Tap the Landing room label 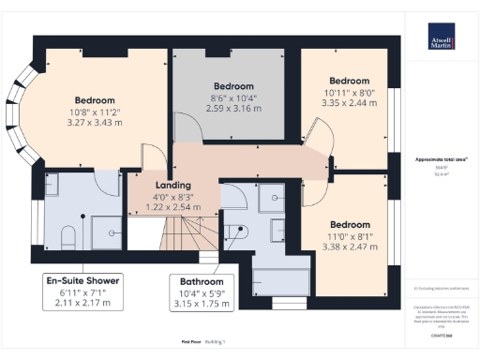pyautogui.click(x=147, y=186)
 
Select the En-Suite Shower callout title pyautogui.click(x=82, y=279)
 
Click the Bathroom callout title pyautogui.click(x=202, y=281)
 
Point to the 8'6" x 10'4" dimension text pyautogui.click(x=229, y=97)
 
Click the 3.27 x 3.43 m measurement pyautogui.click(x=95, y=124)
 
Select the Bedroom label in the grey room pyautogui.click(x=229, y=85)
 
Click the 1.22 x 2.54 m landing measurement pyautogui.click(x=147, y=208)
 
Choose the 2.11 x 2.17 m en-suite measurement pyautogui.click(x=82, y=303)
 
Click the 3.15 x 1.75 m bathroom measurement pyautogui.click(x=202, y=305)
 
